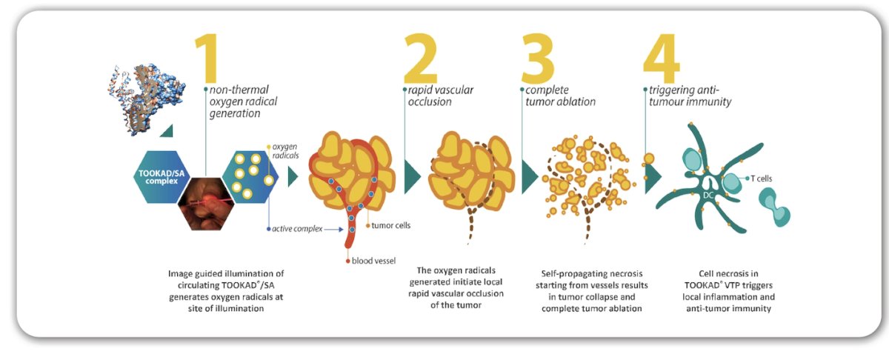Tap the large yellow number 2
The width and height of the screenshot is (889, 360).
(420, 58)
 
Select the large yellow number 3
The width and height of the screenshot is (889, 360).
(538, 58)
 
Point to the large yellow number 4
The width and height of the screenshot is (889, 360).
(661, 58)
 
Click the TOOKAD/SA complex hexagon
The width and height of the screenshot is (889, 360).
(162, 177)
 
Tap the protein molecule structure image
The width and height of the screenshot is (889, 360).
(145, 99)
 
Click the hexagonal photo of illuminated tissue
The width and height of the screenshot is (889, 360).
(206, 204)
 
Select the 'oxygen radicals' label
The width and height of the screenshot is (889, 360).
(285, 151)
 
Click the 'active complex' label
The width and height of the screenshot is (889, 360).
(297, 229)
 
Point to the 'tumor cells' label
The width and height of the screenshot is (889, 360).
(391, 225)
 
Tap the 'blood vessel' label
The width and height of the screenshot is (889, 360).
(373, 261)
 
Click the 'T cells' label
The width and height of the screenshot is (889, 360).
(762, 179)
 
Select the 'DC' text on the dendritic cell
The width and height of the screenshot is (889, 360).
(708, 196)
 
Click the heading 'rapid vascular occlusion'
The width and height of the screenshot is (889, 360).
(441, 96)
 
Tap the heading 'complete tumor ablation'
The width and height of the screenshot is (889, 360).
(560, 96)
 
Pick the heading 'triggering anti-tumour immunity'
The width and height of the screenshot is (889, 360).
(690, 96)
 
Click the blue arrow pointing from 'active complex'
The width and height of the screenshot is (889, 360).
(334, 230)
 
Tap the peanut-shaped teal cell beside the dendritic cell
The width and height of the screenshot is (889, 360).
(775, 207)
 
